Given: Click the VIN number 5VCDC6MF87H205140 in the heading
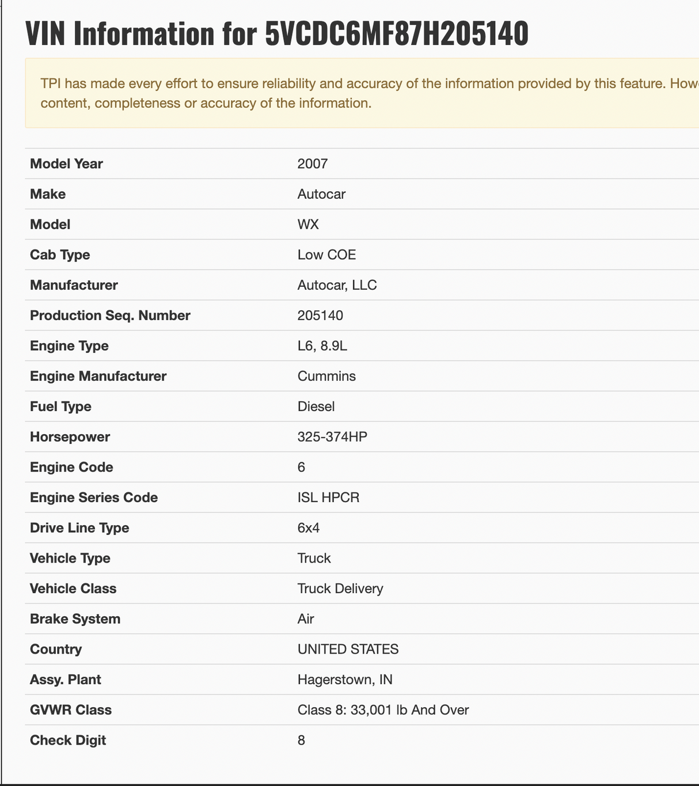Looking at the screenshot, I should (396, 34).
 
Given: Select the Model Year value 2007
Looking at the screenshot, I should (313, 164).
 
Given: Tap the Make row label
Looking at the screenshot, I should (48, 194).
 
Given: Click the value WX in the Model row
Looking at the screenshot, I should (308, 224).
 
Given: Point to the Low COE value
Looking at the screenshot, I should (326, 255).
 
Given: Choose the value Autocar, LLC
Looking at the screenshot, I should (337, 285).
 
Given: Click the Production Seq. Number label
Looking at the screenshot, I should (110, 316).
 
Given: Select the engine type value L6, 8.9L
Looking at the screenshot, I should (322, 345).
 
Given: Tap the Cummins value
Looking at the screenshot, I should (326, 376).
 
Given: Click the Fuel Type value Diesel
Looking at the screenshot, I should (316, 407).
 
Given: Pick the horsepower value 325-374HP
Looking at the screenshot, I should (332, 436).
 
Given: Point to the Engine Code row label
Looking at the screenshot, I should (71, 467).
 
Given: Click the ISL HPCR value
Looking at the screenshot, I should (328, 498).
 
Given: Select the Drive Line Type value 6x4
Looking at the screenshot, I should (309, 528).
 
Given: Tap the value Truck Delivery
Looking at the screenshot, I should (340, 588).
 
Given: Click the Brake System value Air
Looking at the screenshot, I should (306, 619).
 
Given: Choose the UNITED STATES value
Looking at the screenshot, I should (348, 649).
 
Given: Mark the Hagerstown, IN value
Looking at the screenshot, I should (345, 679).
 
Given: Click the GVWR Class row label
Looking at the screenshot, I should (71, 710).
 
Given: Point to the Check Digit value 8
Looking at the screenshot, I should (301, 740).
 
